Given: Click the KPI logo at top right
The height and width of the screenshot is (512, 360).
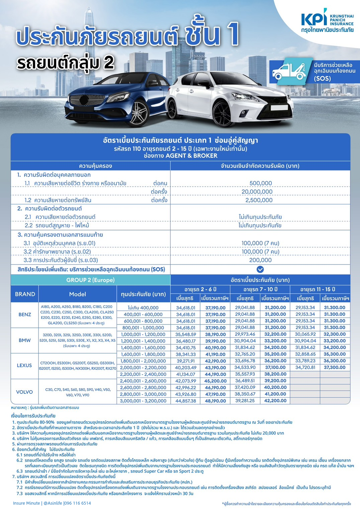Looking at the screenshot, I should tap(327, 21).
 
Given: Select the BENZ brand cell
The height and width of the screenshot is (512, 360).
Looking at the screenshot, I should tap(25, 315).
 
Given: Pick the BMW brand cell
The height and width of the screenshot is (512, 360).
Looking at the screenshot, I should tap(25, 340).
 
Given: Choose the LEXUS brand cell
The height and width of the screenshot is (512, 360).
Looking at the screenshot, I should tap(25, 366).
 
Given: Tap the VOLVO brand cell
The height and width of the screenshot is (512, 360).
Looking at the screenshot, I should tap(25, 392).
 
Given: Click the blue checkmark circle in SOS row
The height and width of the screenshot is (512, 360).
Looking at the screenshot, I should tap(260, 269).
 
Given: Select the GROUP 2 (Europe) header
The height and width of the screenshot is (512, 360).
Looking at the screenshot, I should tap(90, 280).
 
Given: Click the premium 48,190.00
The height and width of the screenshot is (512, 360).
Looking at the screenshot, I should tap(215, 401).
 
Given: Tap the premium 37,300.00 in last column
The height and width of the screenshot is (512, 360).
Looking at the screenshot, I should tap(335, 367).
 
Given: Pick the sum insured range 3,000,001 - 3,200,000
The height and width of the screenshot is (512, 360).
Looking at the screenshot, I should tap(143, 401).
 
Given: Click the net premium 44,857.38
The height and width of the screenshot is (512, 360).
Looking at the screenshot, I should tap(186, 401).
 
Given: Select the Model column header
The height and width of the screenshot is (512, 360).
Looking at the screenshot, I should tap(78, 294).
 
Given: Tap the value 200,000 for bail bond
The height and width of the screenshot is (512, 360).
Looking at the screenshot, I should tap(260, 260).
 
